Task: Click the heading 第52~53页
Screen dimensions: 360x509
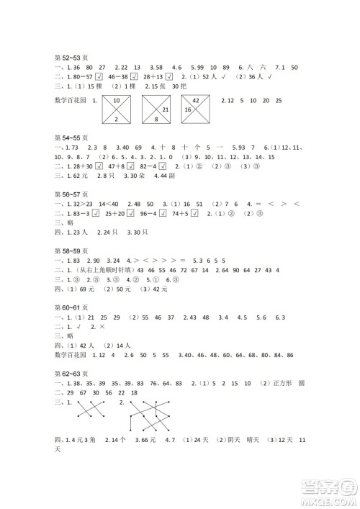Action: pos(71,55)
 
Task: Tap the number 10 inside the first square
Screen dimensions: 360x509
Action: pos(116,100)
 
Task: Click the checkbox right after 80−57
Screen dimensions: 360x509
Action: pos(99,76)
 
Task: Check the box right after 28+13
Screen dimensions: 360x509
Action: pos(168,76)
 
